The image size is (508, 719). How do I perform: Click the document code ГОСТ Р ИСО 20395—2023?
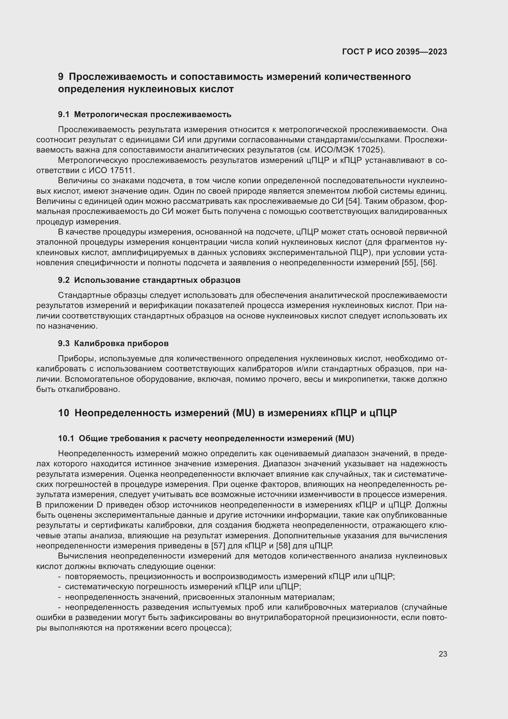pos(394,52)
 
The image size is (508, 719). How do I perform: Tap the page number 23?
pos(443,654)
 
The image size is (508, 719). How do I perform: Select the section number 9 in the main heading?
pos(61,77)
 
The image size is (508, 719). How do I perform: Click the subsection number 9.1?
pos(64,115)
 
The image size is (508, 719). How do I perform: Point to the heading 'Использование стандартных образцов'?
pos(157,280)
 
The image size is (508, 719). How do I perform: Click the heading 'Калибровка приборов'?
pos(121,344)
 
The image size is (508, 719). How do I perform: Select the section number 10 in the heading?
pos(64,413)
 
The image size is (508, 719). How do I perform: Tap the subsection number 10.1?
pos(66,439)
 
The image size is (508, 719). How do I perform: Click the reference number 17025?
pos(365,150)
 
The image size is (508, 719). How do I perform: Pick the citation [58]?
pos(283,546)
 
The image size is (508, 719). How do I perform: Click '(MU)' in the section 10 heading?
pos(243,413)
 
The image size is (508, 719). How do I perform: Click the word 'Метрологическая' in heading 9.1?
pos(111,115)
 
